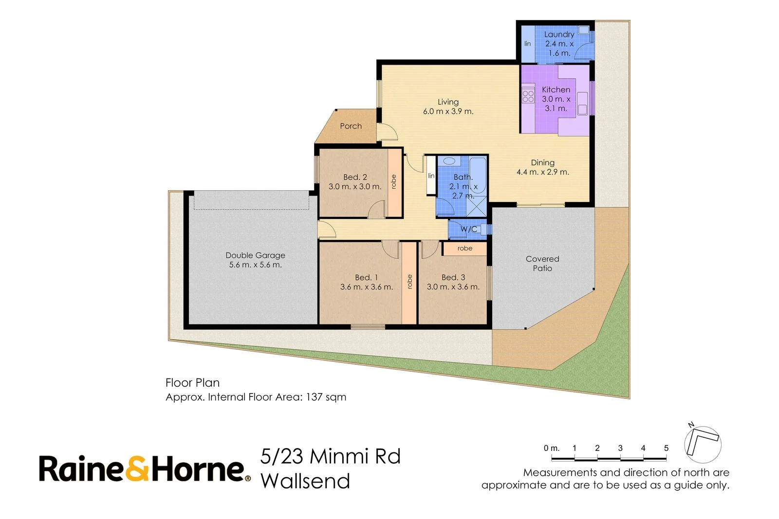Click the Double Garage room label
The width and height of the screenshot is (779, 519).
(x=255, y=255)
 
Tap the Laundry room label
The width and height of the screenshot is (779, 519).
(x=559, y=35)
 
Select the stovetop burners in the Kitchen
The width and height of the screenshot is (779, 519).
(x=528, y=96)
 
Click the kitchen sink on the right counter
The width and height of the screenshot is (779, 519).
(x=582, y=109)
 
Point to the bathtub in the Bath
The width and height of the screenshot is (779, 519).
(x=478, y=175)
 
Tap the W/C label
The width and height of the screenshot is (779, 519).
(x=468, y=229)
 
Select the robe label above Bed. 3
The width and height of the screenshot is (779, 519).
(x=464, y=249)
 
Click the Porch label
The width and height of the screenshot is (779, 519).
(x=351, y=126)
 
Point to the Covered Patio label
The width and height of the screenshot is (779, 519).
(x=542, y=264)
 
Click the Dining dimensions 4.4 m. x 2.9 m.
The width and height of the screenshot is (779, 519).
(x=542, y=172)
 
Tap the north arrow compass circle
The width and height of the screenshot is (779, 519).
(x=702, y=445)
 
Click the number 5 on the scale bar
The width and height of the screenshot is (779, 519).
(x=666, y=448)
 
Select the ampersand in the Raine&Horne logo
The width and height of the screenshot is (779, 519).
(x=138, y=469)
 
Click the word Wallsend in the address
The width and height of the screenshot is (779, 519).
(x=305, y=481)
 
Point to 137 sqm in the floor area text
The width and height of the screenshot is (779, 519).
(x=326, y=397)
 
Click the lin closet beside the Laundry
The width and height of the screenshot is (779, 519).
(x=528, y=44)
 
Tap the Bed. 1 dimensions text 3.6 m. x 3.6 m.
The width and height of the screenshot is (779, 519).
(x=367, y=287)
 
